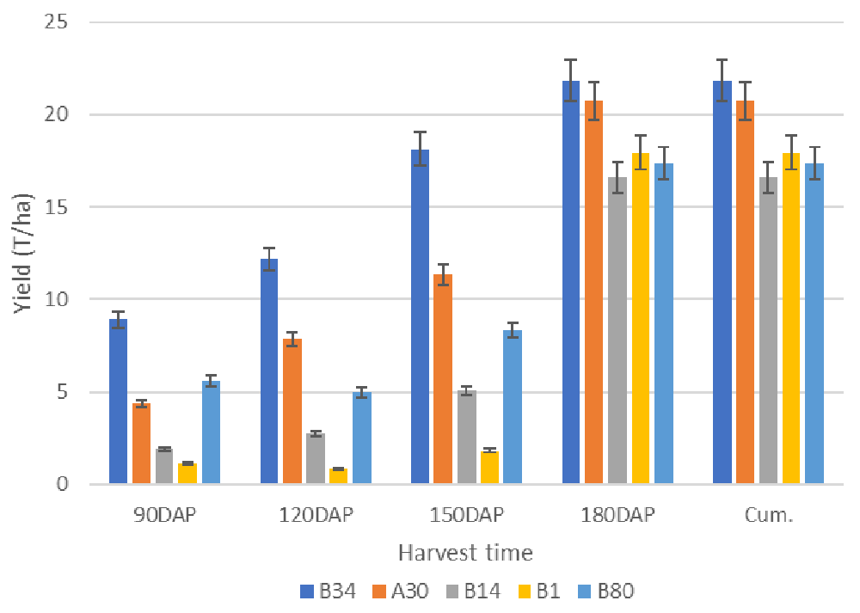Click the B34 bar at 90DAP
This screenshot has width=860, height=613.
[x=119, y=402]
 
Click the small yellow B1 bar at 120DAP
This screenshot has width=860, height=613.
[x=339, y=476]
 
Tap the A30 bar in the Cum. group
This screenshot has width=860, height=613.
[x=746, y=292]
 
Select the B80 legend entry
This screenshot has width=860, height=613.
[x=608, y=591]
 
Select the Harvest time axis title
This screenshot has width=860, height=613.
[x=465, y=553]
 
